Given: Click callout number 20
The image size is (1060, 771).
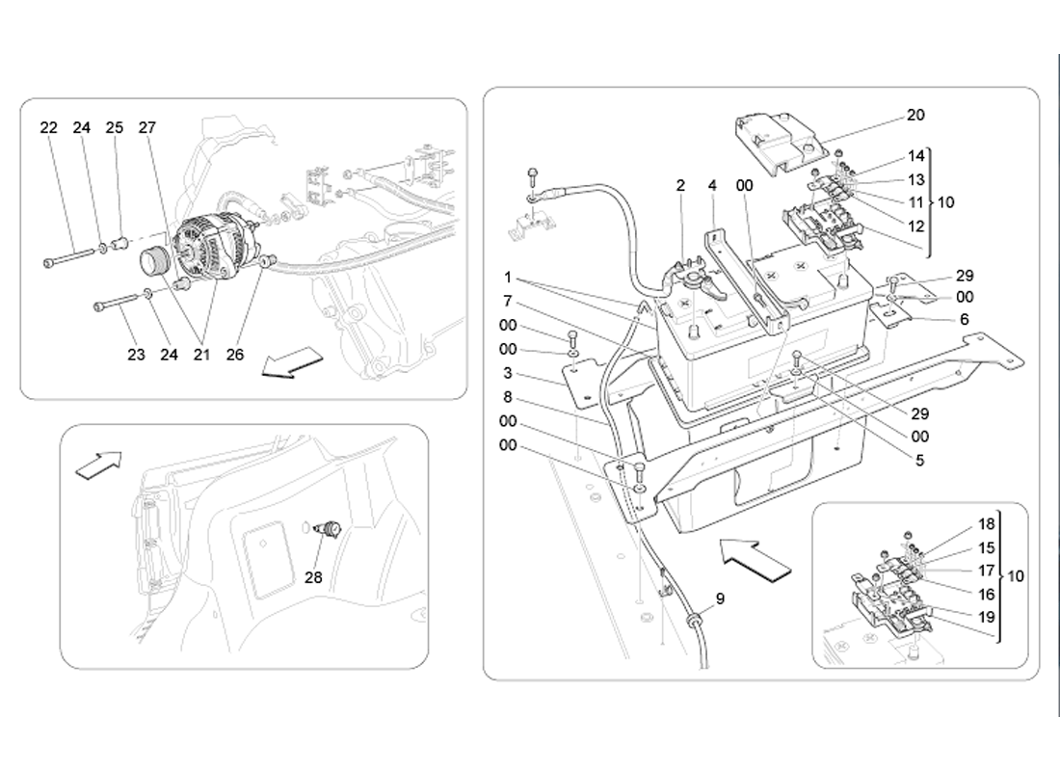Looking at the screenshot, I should point(914,115).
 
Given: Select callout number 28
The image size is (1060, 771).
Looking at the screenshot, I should point(313,578).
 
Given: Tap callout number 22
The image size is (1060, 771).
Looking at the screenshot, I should point(49,128).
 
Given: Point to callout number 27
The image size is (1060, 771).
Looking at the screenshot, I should point(146,128).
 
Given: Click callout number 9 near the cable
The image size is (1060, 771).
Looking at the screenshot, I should point(719,598).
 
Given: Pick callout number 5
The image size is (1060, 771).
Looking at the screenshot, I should point(919,461).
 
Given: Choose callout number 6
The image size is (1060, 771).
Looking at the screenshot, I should point(965,320).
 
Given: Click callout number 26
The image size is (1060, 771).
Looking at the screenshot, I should point(235,355).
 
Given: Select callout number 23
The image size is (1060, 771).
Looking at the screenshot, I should point(136,355).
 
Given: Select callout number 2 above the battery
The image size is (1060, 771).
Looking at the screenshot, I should point(680,185).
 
